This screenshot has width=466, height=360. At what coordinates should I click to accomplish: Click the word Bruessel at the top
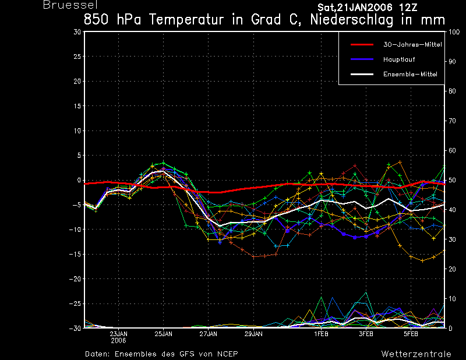(70, 5)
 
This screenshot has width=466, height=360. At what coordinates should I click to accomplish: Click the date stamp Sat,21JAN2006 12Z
(368, 8)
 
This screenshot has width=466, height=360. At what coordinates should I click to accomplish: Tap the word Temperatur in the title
(186, 20)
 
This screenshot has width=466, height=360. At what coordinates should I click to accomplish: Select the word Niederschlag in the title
(352, 20)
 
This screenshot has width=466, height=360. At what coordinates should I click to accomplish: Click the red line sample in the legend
(362, 45)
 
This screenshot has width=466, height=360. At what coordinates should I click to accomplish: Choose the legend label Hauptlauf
(399, 59)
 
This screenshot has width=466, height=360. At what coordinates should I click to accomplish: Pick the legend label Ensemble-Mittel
(410, 74)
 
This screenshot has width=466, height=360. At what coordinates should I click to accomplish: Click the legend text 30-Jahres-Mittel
(412, 45)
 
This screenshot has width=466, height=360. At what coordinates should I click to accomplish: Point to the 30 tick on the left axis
(77, 31)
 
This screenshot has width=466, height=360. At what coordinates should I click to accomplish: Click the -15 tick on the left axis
(75, 254)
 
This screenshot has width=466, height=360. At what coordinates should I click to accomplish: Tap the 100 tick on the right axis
(454, 32)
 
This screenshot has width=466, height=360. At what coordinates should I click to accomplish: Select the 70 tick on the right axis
(452, 121)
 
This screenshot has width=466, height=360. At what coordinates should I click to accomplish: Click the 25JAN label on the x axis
(163, 334)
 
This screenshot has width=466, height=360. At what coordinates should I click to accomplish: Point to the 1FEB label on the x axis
(322, 334)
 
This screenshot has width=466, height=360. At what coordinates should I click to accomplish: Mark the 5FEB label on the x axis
(411, 334)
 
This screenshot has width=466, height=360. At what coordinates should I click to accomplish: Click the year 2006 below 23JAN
(118, 341)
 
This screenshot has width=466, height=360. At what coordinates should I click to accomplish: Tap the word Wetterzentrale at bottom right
(416, 354)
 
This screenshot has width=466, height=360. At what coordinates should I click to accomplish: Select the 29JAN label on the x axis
(253, 334)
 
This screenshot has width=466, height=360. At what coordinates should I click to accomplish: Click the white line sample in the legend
(362, 74)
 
